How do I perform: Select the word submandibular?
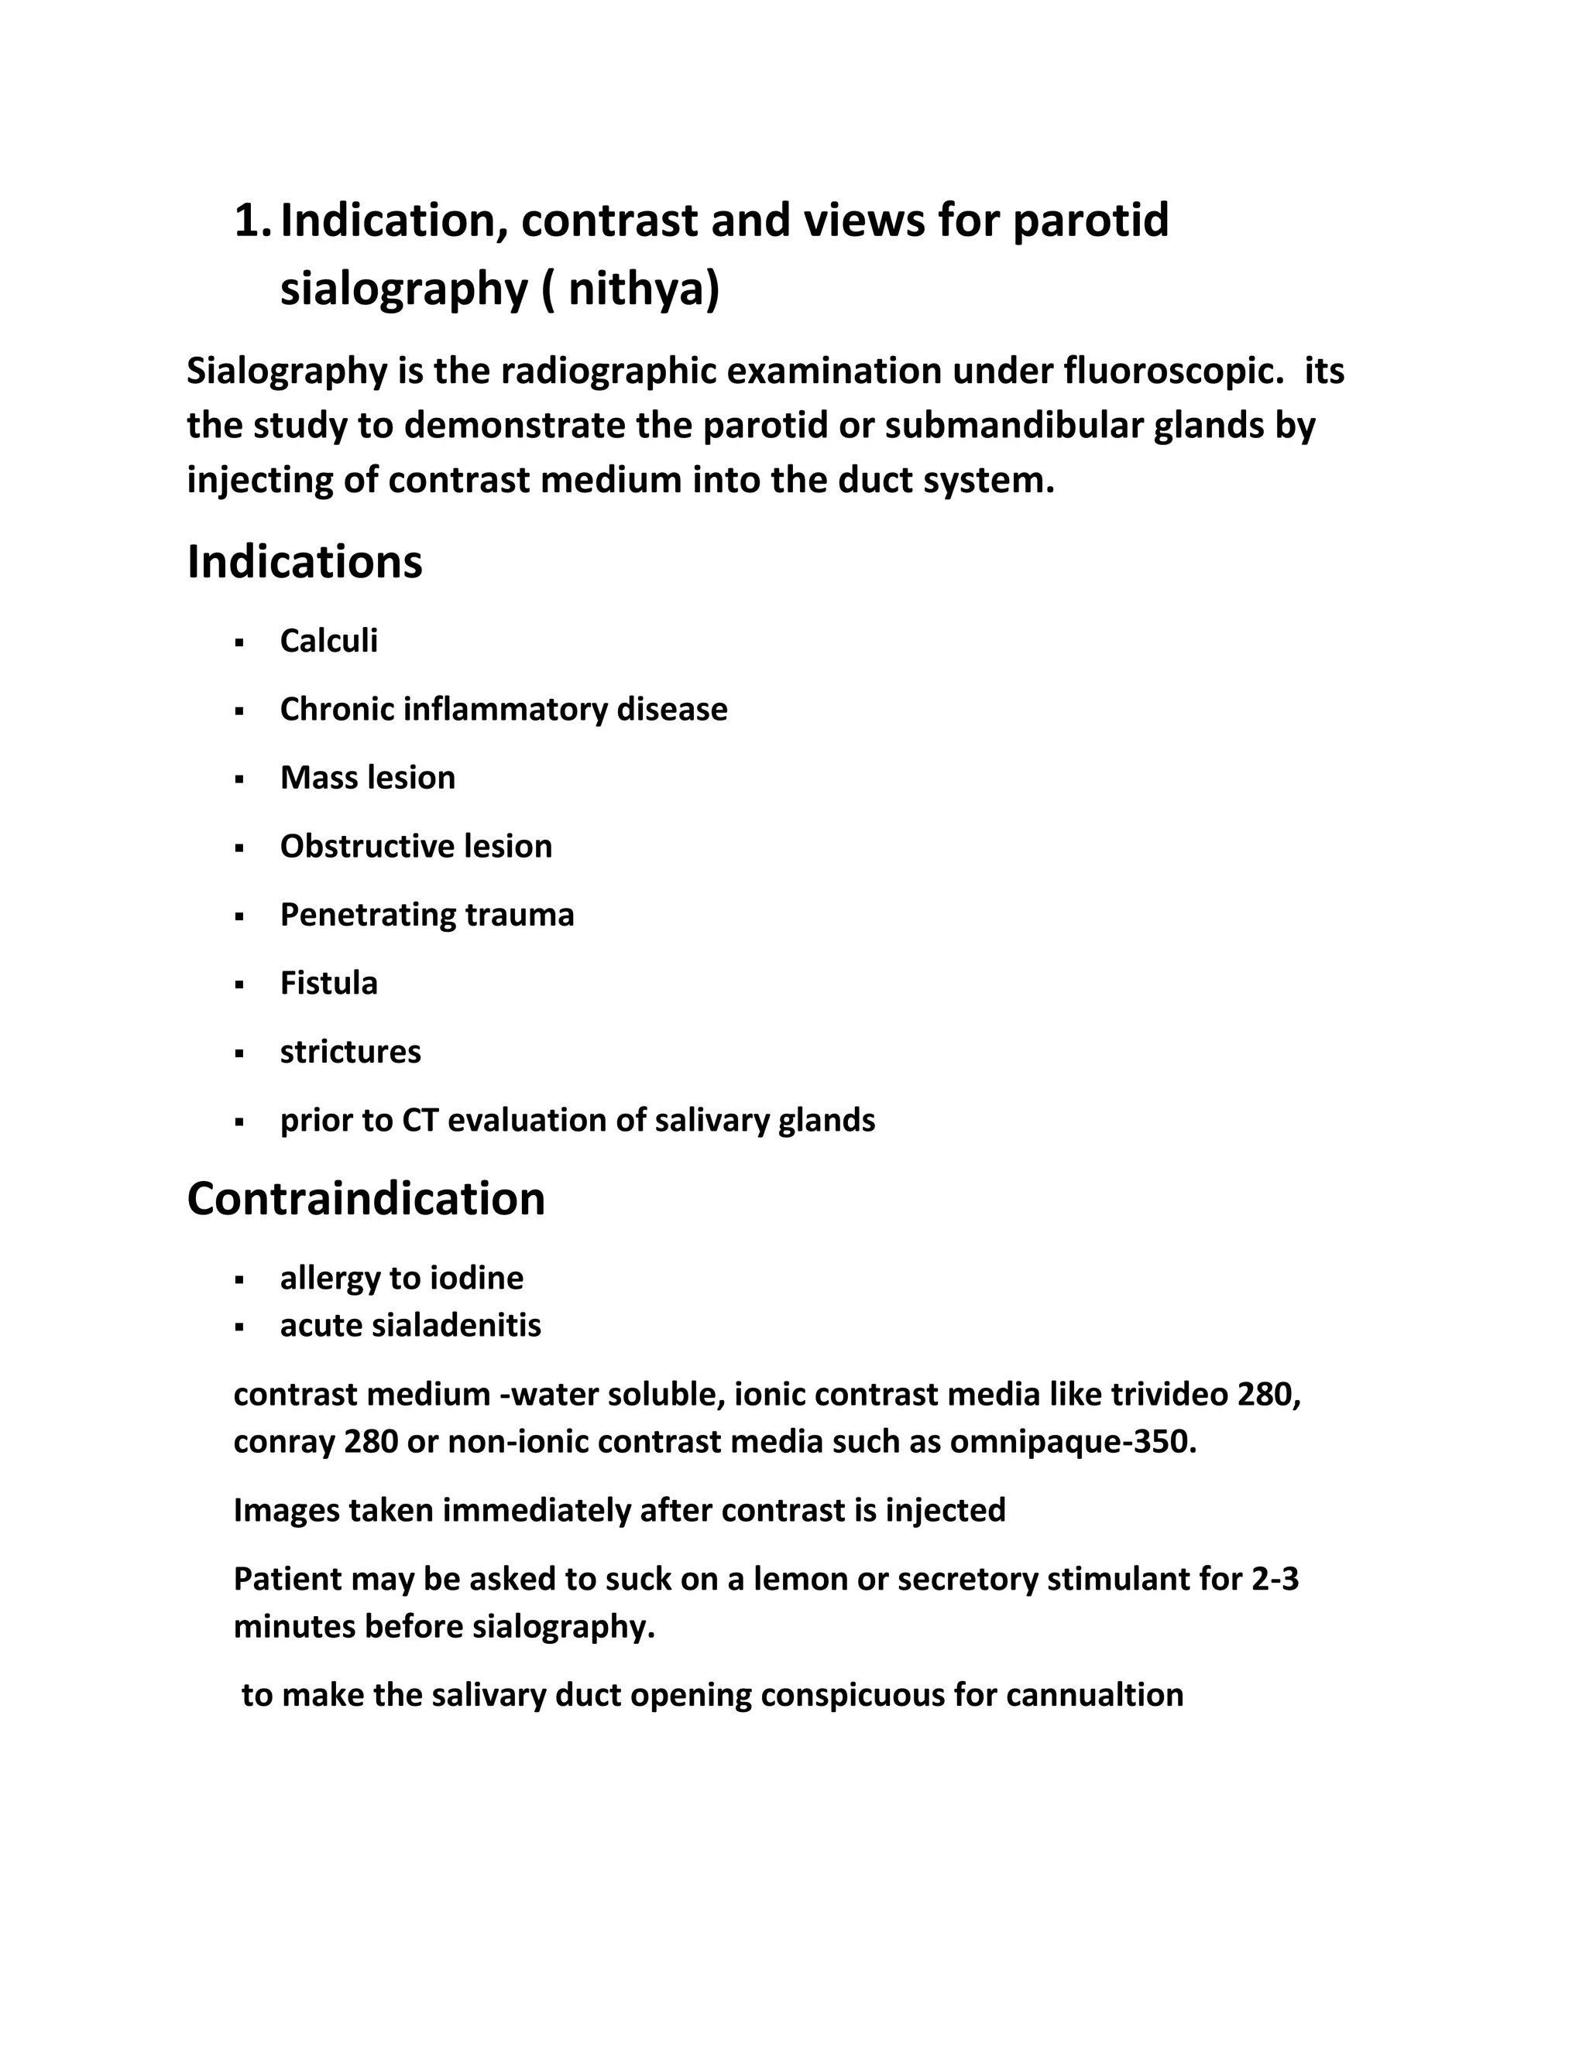[x=1014, y=426]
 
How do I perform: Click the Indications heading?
[x=304, y=563]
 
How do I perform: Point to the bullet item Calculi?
[x=329, y=642]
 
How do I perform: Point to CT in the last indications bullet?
[x=420, y=1121]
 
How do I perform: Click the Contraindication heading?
[x=366, y=1199]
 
